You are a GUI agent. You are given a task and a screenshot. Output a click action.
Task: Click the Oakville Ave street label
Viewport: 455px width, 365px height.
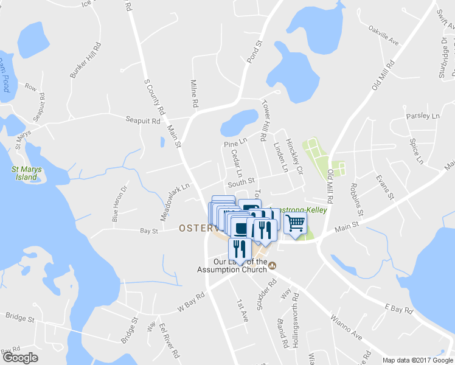pos(383,35)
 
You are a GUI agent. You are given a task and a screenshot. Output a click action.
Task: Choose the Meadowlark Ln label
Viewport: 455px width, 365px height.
pos(175,193)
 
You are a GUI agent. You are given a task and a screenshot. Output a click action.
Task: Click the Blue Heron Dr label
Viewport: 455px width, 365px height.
pos(120,204)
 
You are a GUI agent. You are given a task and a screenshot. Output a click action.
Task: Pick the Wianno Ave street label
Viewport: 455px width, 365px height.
pos(346,327)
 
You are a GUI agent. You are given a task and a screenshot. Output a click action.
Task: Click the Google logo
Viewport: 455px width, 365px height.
pos(20,357)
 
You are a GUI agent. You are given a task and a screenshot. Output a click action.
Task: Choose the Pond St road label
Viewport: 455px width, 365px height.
pos(254,53)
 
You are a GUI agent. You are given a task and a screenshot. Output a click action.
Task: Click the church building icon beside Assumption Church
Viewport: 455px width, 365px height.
pos(273,265)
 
